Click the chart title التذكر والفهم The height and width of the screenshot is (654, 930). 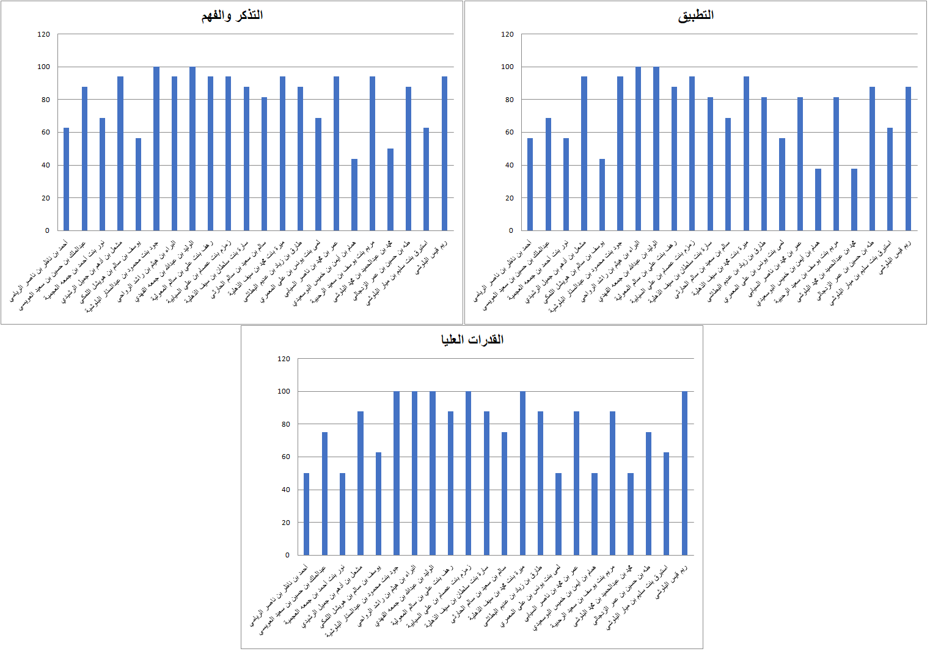(232, 15)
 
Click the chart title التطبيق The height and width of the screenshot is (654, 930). (696, 15)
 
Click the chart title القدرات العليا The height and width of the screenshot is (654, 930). (472, 340)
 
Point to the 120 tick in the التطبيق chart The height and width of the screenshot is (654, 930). (507, 34)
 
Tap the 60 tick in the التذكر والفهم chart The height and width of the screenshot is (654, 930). (46, 133)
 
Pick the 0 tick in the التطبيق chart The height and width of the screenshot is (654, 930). (510, 231)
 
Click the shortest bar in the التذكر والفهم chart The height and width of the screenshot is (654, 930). (354, 195)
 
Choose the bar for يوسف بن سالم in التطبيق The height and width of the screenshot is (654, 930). (602, 195)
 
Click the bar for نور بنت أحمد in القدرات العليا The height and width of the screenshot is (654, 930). (342, 514)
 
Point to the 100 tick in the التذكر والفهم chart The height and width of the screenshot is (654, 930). (43, 67)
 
